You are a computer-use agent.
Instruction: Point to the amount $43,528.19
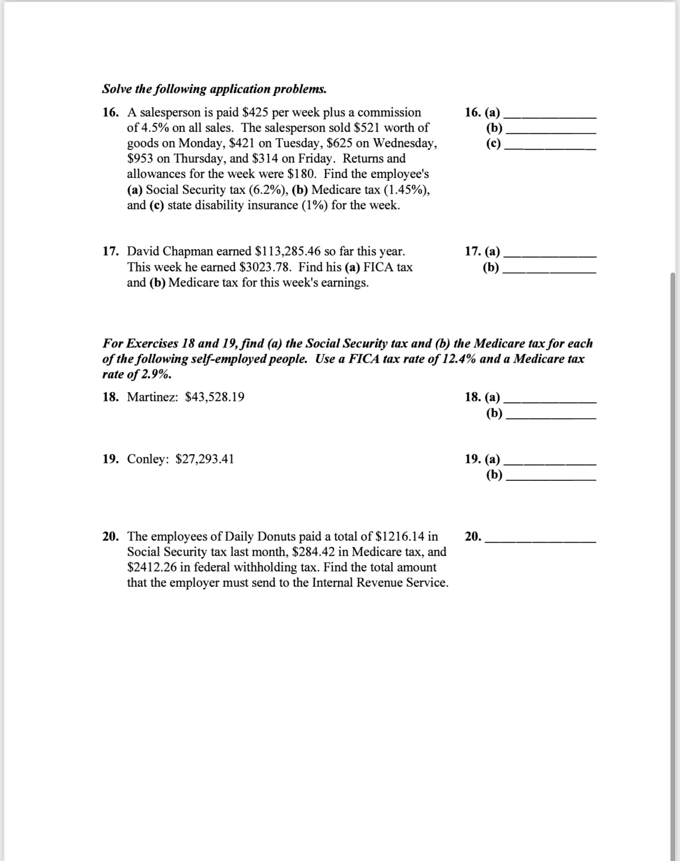[215, 397]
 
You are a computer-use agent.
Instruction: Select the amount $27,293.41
[205, 459]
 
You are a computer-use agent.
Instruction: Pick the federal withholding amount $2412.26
[152, 567]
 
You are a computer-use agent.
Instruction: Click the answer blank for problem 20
[541, 540]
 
